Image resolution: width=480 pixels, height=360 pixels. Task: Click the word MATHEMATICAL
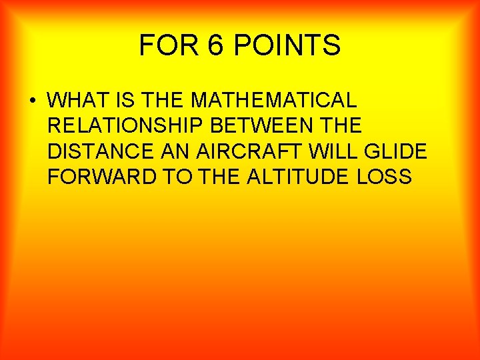click(x=273, y=100)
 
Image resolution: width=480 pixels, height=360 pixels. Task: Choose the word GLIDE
click(x=396, y=151)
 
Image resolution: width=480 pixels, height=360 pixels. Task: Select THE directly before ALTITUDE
click(x=209, y=177)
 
